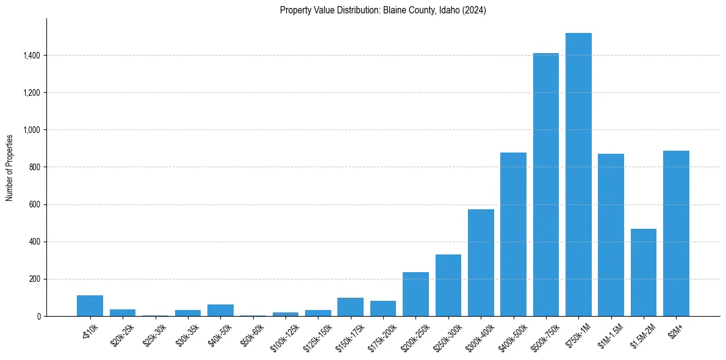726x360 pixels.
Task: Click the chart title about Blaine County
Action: click(x=383, y=10)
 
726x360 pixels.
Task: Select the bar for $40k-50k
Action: click(x=220, y=310)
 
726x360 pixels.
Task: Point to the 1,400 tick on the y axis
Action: click(x=32, y=56)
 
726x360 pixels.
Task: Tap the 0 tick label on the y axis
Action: click(x=39, y=316)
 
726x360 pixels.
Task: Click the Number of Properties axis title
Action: click(x=10, y=167)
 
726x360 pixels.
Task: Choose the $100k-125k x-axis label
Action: click(x=286, y=337)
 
